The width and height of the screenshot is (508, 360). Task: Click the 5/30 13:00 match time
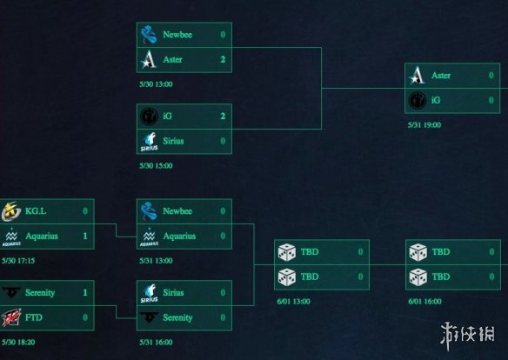(x=156, y=84)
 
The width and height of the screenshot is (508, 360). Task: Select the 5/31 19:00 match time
(x=424, y=125)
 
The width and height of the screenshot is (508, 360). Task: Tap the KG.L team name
(x=36, y=211)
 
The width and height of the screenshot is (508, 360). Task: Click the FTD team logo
(x=11, y=317)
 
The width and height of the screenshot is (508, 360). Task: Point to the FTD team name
(x=34, y=317)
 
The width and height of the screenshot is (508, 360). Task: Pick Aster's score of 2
(x=223, y=60)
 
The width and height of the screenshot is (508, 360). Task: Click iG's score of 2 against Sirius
(x=223, y=116)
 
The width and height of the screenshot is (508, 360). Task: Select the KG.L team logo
(x=11, y=211)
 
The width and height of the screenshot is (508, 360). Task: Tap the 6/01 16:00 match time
(x=424, y=302)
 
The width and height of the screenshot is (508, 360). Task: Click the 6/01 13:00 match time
(x=293, y=302)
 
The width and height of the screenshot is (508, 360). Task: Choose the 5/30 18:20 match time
(x=18, y=343)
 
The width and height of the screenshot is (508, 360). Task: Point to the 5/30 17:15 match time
(x=18, y=261)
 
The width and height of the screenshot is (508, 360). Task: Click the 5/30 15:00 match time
(x=156, y=166)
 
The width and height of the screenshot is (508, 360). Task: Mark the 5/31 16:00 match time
(x=156, y=343)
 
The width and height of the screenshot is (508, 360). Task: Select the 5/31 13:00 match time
(x=156, y=261)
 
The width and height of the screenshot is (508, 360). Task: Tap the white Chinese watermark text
(x=467, y=335)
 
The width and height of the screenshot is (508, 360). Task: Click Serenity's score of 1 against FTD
(x=85, y=293)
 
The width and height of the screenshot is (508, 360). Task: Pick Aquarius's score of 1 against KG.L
(x=85, y=236)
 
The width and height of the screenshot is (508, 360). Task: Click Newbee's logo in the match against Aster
(x=149, y=35)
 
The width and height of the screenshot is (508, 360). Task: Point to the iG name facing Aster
(x=436, y=100)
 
